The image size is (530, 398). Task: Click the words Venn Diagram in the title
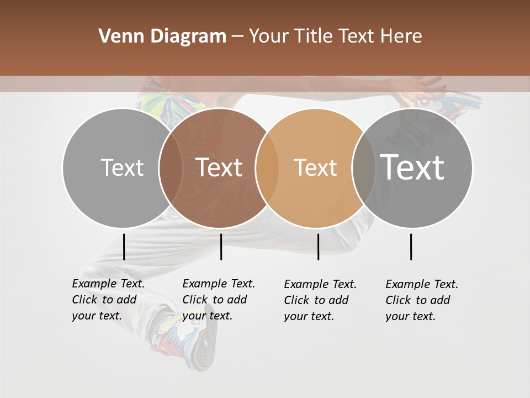162,36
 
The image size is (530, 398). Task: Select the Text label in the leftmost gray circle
122,167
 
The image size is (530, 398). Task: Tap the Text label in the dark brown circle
219,167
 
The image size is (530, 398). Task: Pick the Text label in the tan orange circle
315,167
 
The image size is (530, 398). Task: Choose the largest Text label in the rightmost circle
412,167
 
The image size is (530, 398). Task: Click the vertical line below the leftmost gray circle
124,247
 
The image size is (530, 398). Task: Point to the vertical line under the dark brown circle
221,247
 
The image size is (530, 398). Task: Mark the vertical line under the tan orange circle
318,247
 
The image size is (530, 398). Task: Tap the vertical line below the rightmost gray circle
411,247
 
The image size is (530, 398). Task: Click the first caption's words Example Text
108,284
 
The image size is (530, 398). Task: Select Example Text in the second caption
219,284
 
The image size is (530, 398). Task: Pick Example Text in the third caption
320,285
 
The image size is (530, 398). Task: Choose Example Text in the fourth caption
422,285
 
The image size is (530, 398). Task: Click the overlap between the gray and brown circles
171,167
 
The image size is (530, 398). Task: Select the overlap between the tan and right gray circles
364,167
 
